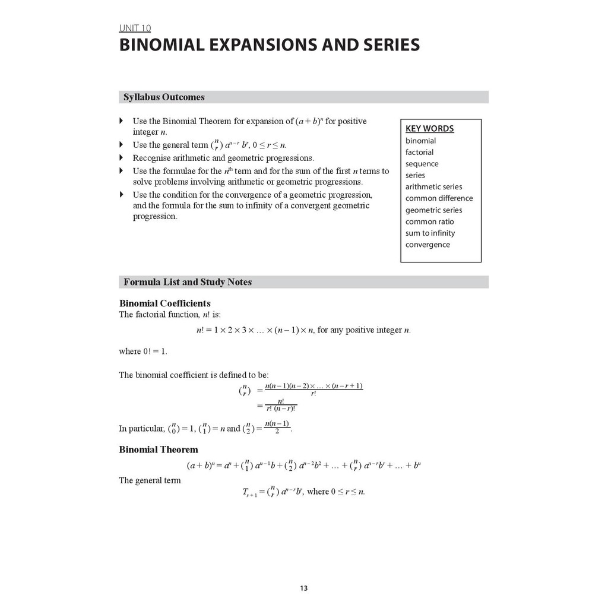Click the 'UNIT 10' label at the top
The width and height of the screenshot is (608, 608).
[135, 28]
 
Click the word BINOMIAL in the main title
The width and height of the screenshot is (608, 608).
[168, 46]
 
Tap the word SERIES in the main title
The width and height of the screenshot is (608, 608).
[388, 46]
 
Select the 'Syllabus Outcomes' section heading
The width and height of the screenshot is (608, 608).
[164, 97]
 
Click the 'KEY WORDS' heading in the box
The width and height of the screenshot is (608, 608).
[429, 129]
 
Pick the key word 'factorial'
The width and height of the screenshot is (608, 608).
[419, 152]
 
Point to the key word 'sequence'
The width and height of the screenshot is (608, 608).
[422, 164]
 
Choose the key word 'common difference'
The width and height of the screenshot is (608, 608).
[439, 198]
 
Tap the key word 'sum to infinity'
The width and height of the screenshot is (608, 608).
[430, 233]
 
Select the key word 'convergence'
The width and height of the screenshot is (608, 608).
[427, 245]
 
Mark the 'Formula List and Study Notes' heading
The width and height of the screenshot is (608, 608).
[188, 282]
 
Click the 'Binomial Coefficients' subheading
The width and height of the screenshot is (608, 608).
[164, 303]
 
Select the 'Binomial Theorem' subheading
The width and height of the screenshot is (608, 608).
[159, 449]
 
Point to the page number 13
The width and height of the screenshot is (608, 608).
[303, 588]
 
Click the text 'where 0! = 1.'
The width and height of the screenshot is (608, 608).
[143, 351]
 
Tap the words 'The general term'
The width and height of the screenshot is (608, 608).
[150, 480]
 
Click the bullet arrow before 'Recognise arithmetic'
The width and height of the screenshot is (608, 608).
[121, 158]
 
